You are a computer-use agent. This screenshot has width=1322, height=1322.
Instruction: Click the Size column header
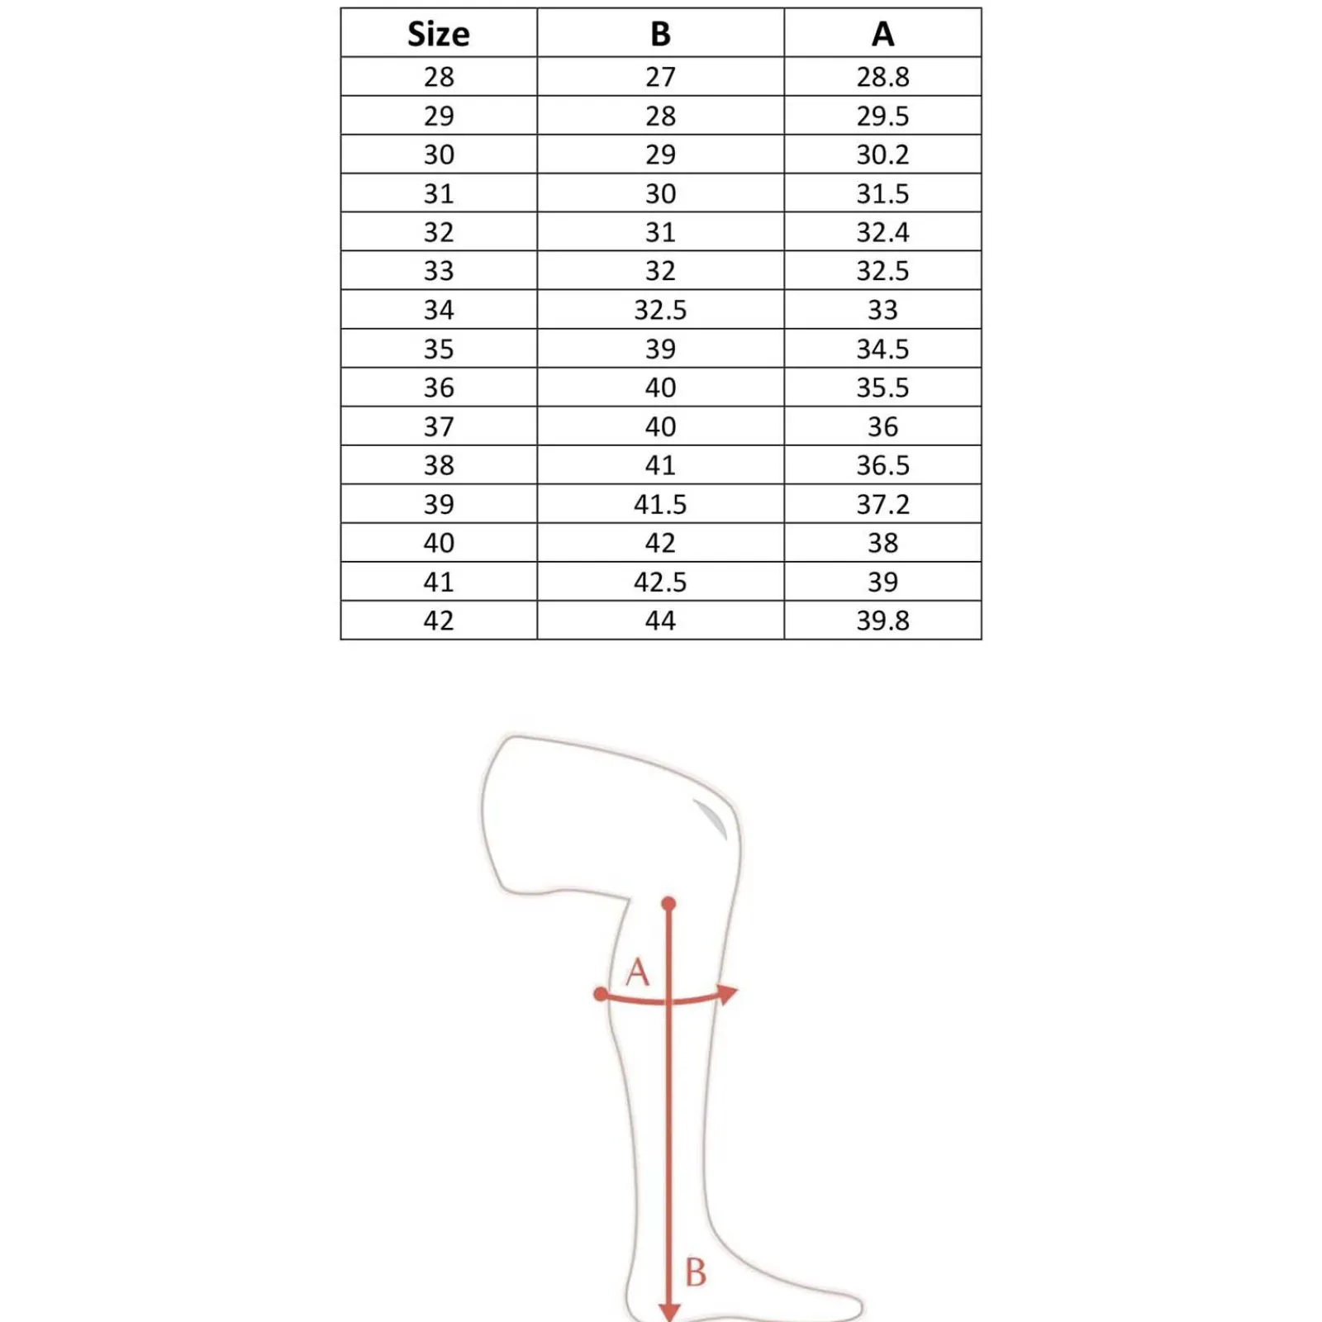coord(438,34)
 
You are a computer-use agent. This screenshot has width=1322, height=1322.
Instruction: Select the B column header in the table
coord(660,34)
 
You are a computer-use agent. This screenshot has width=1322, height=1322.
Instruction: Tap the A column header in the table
coord(882,34)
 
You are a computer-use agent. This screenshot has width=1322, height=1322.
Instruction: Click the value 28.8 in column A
coord(882,77)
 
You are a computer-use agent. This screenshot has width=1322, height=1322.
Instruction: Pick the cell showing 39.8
coord(882,621)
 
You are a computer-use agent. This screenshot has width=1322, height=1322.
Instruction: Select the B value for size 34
coord(660,310)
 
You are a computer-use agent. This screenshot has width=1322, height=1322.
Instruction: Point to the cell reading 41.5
coord(660,504)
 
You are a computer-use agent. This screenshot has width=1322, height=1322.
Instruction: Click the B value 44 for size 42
coord(660,621)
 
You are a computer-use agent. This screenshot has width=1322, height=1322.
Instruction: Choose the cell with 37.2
coord(882,504)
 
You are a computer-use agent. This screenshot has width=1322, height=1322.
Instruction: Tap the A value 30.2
coord(882,155)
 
